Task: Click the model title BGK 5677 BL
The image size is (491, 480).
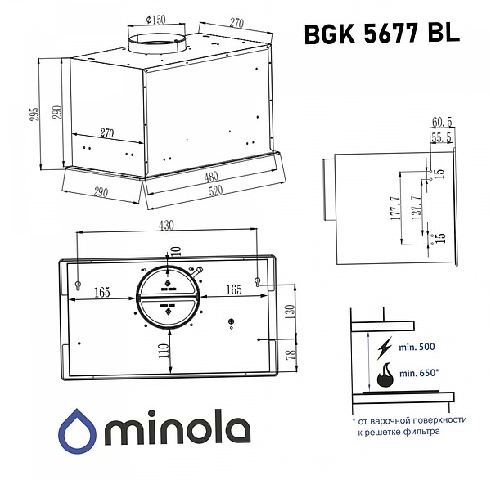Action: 381,33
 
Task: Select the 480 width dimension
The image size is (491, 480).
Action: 213,176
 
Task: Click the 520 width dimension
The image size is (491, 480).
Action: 218,194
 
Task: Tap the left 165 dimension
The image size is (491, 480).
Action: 102,289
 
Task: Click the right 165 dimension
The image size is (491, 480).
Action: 232,289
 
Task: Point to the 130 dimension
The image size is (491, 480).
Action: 288,312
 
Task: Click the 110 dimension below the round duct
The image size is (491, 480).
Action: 164,352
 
